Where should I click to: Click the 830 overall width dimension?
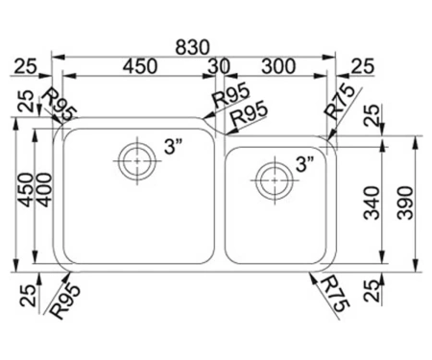[x=192, y=47]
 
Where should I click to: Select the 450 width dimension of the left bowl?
[x=140, y=66]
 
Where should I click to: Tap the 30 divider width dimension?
[x=219, y=66]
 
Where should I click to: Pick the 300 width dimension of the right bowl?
[x=278, y=66]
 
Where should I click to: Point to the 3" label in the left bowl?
[x=173, y=147]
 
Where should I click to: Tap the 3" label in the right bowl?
[x=304, y=164]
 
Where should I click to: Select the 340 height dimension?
[x=372, y=204]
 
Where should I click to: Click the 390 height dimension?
[x=404, y=203]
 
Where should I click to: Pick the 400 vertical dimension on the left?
[x=43, y=190]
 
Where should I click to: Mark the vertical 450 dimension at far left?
[x=26, y=190]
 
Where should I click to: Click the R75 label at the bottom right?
[x=334, y=294]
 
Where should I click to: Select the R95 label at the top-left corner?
[x=60, y=105]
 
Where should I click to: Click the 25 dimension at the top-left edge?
[x=26, y=66]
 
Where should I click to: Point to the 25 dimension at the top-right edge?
[x=363, y=66]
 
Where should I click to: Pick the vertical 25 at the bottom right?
[x=372, y=291]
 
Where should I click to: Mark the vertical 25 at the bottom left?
[x=28, y=296]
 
